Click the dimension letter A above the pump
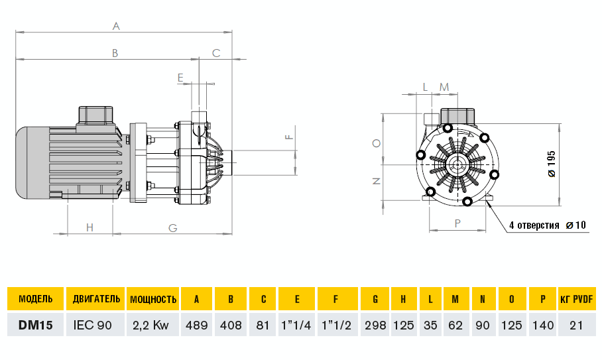coord(116,26)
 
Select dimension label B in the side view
coord(114,52)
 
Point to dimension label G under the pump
coord(172,228)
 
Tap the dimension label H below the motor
coord(90,228)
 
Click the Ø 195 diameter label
coord(552,163)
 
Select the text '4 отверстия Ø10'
coord(547,225)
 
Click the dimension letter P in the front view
coord(457,223)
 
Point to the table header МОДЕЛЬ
coord(36,299)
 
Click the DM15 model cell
coord(36,325)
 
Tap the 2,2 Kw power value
coord(152,325)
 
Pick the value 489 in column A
coord(196,325)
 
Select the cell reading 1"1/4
coord(297,325)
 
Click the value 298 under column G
coord(375,325)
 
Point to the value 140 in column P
coord(542,325)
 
